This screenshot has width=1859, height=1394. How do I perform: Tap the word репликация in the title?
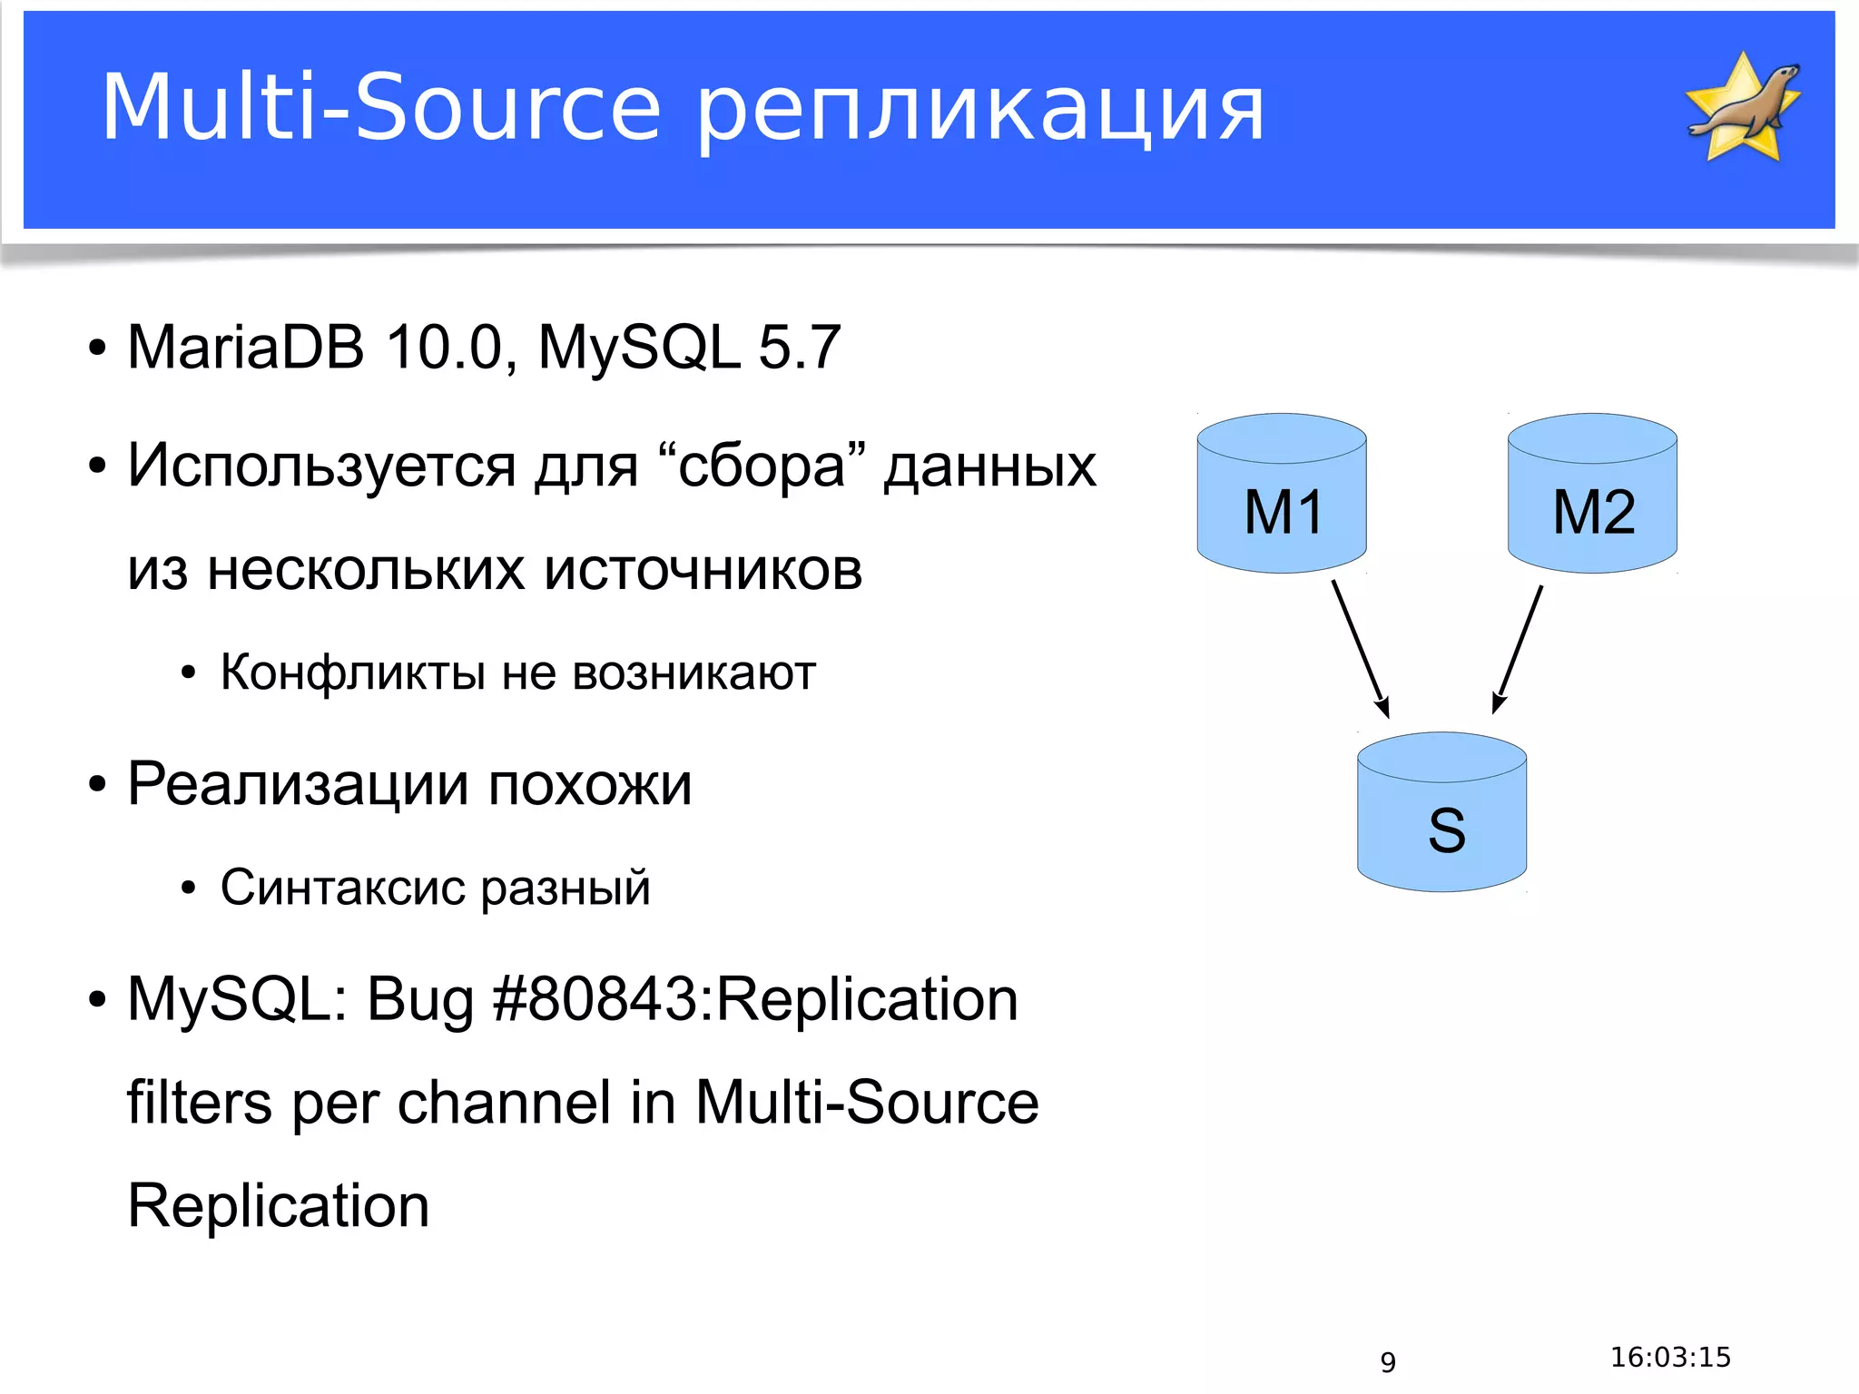980,111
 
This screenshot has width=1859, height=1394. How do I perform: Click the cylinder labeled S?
1441,813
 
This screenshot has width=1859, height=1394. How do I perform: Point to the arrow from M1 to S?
1360,648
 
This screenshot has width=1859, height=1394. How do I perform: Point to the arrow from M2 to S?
1519,648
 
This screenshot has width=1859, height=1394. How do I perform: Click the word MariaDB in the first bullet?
246,347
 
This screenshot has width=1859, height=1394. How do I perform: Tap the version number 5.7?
799,347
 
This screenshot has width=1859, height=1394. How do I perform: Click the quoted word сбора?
762,466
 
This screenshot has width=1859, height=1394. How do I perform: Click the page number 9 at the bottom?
1388,1362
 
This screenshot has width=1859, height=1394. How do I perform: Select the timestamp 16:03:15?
1670,1358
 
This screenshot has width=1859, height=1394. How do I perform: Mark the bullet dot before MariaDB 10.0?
97,348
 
